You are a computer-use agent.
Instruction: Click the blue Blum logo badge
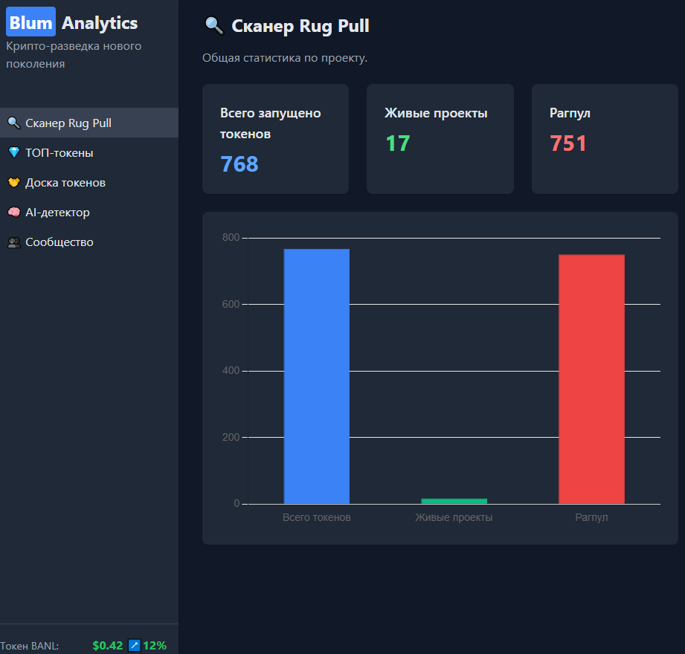point(30,22)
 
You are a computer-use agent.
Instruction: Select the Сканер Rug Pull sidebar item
point(68,123)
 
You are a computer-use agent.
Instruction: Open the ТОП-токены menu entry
point(60,153)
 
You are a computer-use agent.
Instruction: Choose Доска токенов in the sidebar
point(65,183)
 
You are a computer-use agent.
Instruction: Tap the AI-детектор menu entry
point(57,213)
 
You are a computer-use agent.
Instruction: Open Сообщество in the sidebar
point(60,242)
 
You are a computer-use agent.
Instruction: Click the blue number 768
point(239,163)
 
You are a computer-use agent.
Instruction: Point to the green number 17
point(398,143)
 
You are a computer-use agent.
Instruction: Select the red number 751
point(568,143)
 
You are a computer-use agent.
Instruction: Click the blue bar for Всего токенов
point(316,376)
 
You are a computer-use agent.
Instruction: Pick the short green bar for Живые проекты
point(454,501)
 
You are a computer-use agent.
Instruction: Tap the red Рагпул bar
point(591,379)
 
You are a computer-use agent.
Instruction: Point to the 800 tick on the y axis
point(231,238)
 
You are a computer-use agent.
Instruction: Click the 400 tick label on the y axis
point(231,371)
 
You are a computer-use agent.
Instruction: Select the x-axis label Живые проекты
point(454,517)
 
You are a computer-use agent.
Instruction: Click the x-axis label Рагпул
point(591,517)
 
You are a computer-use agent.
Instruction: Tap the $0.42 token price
point(108,646)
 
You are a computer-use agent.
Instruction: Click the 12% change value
point(155,646)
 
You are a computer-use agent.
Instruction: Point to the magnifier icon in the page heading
point(213,26)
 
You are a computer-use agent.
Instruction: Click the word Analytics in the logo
point(100,23)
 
